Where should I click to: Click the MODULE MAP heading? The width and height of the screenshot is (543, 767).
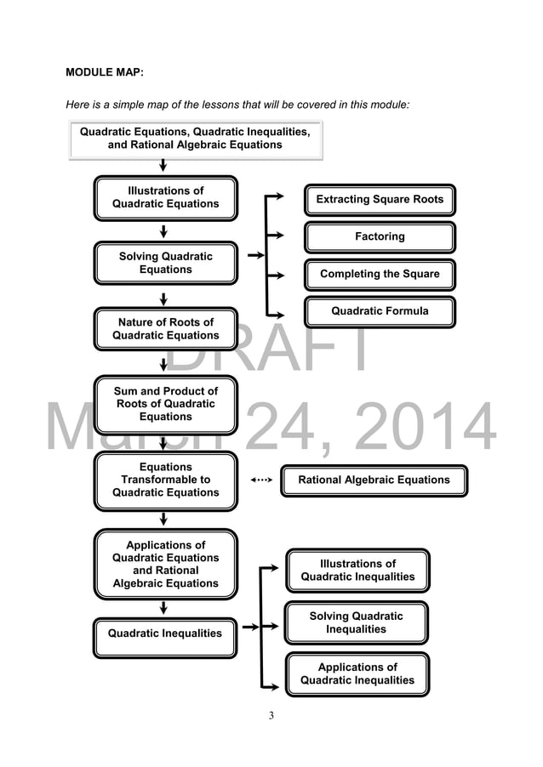(x=105, y=73)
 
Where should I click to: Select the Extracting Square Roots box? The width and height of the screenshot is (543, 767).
(x=380, y=200)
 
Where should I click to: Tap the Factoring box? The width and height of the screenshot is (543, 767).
(x=380, y=236)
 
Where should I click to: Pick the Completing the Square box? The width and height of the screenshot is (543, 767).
(x=380, y=274)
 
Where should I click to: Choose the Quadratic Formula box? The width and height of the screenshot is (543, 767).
(x=380, y=312)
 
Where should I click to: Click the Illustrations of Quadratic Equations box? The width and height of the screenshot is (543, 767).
(x=166, y=198)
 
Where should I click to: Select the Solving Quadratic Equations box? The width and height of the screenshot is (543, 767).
(x=166, y=264)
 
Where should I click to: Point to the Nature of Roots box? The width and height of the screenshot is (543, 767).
(x=166, y=329)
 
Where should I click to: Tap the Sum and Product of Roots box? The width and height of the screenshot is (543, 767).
(x=166, y=404)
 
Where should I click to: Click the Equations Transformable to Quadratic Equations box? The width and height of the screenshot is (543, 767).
(x=166, y=480)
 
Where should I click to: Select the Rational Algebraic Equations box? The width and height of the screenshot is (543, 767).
(x=374, y=480)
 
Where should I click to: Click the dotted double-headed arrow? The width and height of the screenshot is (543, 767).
(x=262, y=480)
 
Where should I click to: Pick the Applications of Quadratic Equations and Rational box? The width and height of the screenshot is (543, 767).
(x=166, y=565)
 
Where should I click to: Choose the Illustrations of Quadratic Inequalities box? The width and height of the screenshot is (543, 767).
(x=357, y=571)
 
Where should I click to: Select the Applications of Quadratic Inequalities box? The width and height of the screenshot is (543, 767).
(x=357, y=674)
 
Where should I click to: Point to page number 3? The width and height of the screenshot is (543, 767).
(x=271, y=716)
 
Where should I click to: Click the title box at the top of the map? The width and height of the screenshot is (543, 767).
(x=195, y=139)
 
